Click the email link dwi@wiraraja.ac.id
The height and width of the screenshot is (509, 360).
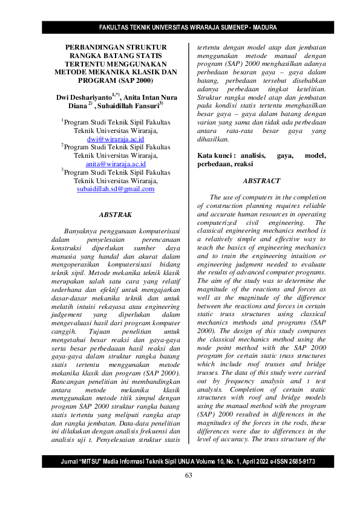tap(115, 138)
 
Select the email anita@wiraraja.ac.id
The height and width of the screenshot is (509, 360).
tap(115, 163)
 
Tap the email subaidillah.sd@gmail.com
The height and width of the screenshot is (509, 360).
tap(115, 189)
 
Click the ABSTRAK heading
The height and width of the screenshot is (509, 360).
tap(115, 215)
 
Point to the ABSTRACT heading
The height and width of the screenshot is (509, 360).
tap(261, 181)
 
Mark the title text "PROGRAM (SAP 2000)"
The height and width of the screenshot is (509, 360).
tap(115, 80)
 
